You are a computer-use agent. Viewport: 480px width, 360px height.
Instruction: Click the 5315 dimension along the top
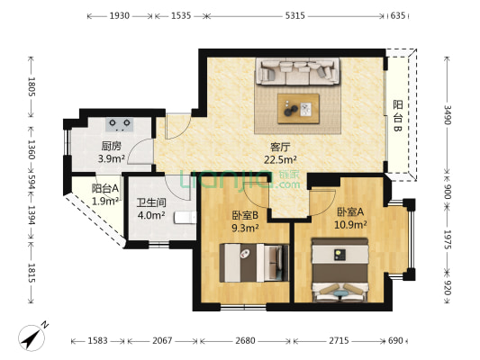point(294,15)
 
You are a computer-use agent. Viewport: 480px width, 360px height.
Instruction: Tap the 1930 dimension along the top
point(120,15)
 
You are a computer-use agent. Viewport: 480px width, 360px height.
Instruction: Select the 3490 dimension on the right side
point(448,114)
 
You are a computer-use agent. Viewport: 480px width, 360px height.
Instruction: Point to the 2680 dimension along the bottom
point(245,340)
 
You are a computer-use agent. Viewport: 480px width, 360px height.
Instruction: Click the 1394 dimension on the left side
point(32,215)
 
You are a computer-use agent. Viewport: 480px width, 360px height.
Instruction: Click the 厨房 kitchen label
point(111,146)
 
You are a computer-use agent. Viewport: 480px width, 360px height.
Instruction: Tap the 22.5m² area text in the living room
point(280,159)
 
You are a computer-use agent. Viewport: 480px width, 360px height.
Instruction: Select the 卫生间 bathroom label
point(151,202)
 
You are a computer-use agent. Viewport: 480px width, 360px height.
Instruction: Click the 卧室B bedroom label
point(245,215)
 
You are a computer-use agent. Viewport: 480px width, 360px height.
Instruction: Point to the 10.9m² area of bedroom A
point(350,225)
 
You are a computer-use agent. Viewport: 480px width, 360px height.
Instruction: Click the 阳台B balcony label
point(398,116)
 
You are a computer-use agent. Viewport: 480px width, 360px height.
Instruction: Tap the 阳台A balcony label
point(105,188)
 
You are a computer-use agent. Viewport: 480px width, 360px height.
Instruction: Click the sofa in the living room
point(297,71)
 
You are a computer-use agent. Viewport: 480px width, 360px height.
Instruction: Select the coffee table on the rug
point(298,109)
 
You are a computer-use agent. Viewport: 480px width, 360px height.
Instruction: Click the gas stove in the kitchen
point(120,124)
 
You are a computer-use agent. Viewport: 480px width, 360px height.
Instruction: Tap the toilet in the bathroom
point(186,218)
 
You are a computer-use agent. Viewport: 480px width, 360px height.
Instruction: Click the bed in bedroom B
point(254,263)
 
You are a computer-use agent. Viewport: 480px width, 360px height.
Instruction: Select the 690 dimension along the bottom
point(396,340)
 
